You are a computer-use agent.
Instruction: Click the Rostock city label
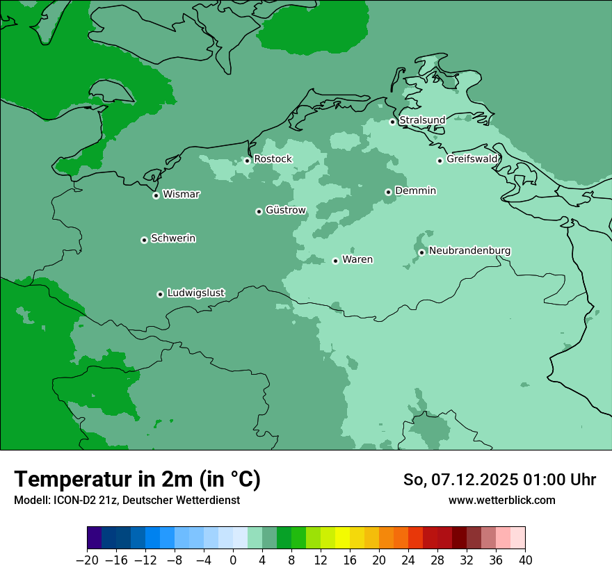point(273,159)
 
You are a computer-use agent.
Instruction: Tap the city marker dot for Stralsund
point(392,122)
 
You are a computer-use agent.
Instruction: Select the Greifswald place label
point(472,159)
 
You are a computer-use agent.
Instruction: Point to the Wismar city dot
point(156,195)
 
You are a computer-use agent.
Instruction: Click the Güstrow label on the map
point(286,210)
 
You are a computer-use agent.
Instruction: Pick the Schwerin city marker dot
point(144,240)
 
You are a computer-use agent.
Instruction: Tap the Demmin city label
point(415,190)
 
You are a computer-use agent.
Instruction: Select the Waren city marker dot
point(335,261)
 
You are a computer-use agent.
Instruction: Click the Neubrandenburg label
point(469,251)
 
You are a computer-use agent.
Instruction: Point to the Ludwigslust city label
point(195,293)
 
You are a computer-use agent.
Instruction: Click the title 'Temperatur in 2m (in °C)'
point(137,479)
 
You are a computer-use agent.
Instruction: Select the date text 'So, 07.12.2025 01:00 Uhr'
point(499,480)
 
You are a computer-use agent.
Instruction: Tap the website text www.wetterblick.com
point(501,500)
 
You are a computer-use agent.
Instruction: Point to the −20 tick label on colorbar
point(87,560)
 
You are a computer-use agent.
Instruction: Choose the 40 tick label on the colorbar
point(525,560)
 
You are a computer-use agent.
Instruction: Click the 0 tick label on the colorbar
point(233,560)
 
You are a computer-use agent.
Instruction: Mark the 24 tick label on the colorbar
point(408,560)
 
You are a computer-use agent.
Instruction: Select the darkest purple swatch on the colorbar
point(95,538)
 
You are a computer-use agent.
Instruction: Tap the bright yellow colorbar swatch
point(342,538)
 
